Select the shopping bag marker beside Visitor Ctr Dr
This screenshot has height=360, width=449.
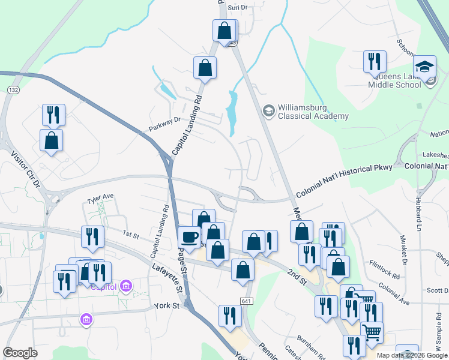pyautogui.click(x=52, y=140)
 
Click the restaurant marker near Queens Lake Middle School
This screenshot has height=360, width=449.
pyautogui.click(x=374, y=61)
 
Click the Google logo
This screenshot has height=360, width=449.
pyautogui.click(x=20, y=353)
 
